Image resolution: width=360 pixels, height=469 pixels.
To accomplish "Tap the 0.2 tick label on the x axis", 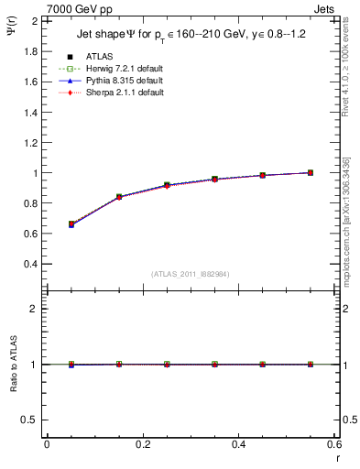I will [142, 444].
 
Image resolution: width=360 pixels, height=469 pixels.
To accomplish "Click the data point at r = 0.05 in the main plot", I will [71, 224].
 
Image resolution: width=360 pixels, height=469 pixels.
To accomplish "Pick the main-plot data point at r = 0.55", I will [310, 172].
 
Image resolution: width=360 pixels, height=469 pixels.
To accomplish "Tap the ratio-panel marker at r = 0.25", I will [166, 364].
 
